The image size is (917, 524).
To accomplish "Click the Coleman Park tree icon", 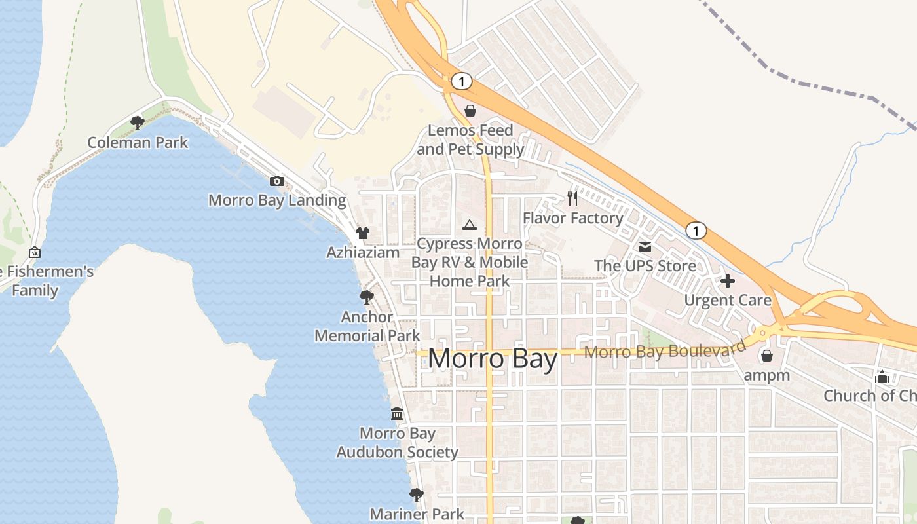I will (137, 122).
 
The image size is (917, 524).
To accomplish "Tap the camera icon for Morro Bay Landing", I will (277, 181).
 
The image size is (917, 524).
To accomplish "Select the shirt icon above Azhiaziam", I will (363, 233).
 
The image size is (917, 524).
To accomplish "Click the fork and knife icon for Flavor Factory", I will (572, 198).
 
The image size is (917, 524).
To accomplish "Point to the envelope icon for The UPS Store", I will (645, 247).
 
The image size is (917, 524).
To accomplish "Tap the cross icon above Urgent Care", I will (728, 281).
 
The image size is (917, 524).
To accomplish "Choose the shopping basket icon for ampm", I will (766, 356).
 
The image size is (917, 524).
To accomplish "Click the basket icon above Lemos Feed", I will (470, 111).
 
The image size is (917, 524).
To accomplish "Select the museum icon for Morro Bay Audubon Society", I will (397, 414).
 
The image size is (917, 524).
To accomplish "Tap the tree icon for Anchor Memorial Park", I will (367, 297).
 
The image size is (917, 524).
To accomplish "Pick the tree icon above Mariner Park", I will (416, 495).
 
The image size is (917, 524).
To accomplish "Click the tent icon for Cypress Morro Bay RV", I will (469, 225).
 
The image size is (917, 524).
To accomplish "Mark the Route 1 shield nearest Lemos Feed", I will (462, 81).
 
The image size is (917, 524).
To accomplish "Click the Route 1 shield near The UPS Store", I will (696, 231).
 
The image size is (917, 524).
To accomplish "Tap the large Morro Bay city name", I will (493, 359).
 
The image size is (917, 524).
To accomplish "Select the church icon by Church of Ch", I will (882, 377).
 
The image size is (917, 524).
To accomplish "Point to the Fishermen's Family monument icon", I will (35, 252).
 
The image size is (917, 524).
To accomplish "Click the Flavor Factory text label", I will (572, 217).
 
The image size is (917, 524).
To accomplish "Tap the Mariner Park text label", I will (417, 514).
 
